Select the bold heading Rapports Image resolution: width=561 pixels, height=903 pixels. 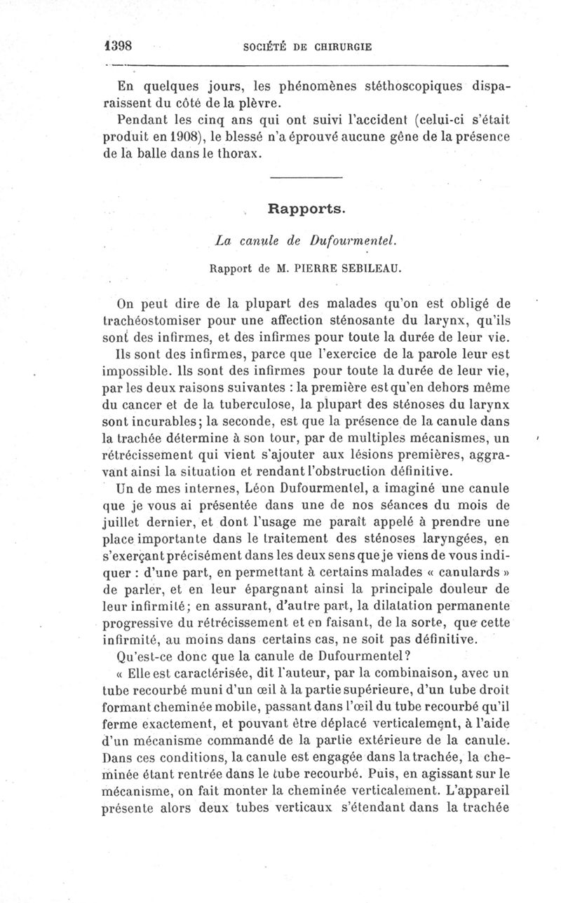click(x=305, y=209)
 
